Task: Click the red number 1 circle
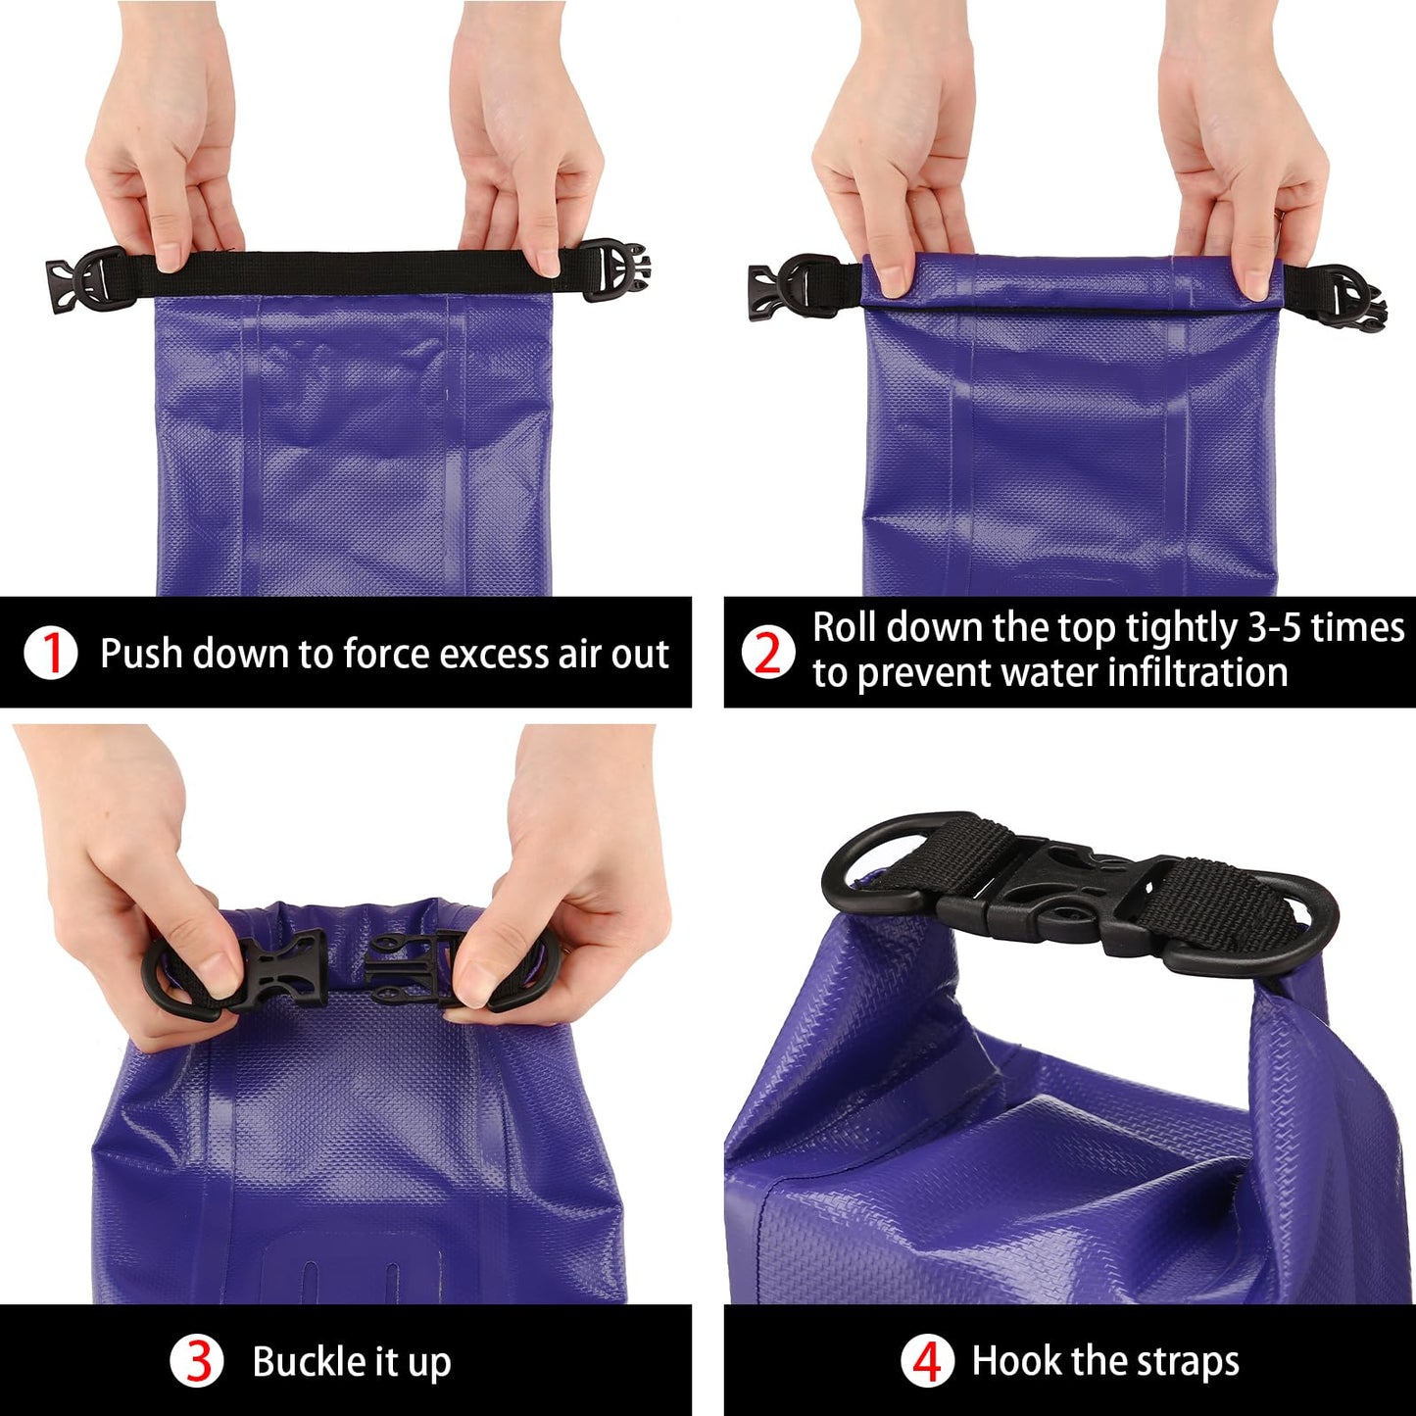(51, 653)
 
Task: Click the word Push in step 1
(142, 653)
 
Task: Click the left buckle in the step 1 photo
(86, 276)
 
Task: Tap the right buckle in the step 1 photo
(616, 270)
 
